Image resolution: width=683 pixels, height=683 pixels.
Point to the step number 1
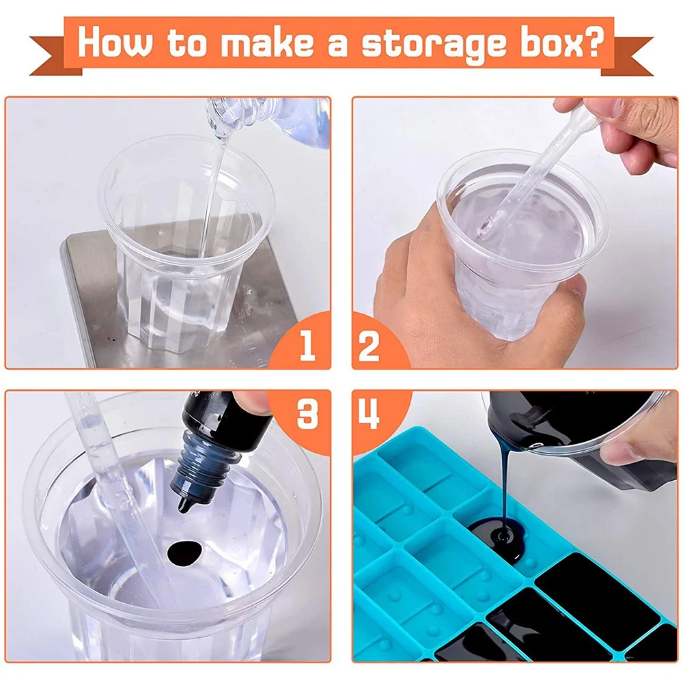pyautogui.click(x=307, y=344)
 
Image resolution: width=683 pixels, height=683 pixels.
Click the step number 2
pyautogui.click(x=369, y=346)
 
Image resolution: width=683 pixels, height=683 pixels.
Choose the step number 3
pyautogui.click(x=307, y=414)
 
